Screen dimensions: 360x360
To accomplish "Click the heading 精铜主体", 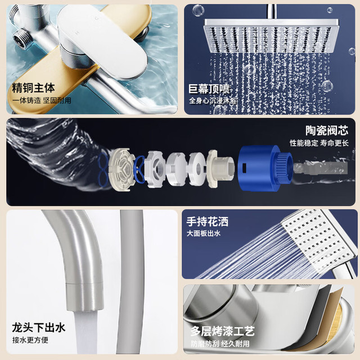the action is tap(33, 88).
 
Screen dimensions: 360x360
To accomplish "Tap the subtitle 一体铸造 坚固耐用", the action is tap(42, 101).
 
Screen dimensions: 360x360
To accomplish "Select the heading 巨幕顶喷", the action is tap(209, 89).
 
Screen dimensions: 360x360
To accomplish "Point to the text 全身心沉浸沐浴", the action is tap(213, 101).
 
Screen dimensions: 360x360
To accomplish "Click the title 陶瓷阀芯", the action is tap(327, 130).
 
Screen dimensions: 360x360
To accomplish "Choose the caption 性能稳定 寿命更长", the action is tap(319, 143).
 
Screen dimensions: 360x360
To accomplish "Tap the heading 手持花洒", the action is tap(208, 222).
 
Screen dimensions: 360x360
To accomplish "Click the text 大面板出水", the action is tap(204, 233).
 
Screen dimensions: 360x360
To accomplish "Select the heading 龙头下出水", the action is tap(39, 327).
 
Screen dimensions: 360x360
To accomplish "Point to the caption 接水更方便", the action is tap(30, 340).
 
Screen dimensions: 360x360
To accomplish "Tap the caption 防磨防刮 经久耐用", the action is tap(220, 344).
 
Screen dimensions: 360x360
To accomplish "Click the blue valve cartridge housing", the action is tap(264, 168).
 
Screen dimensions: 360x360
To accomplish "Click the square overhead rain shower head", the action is tap(271, 35).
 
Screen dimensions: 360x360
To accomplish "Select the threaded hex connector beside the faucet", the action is tap(21, 38).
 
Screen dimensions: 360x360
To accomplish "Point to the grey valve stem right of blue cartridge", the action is tap(320, 168).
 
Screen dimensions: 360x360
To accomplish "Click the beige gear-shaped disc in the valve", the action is tap(121, 169).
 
